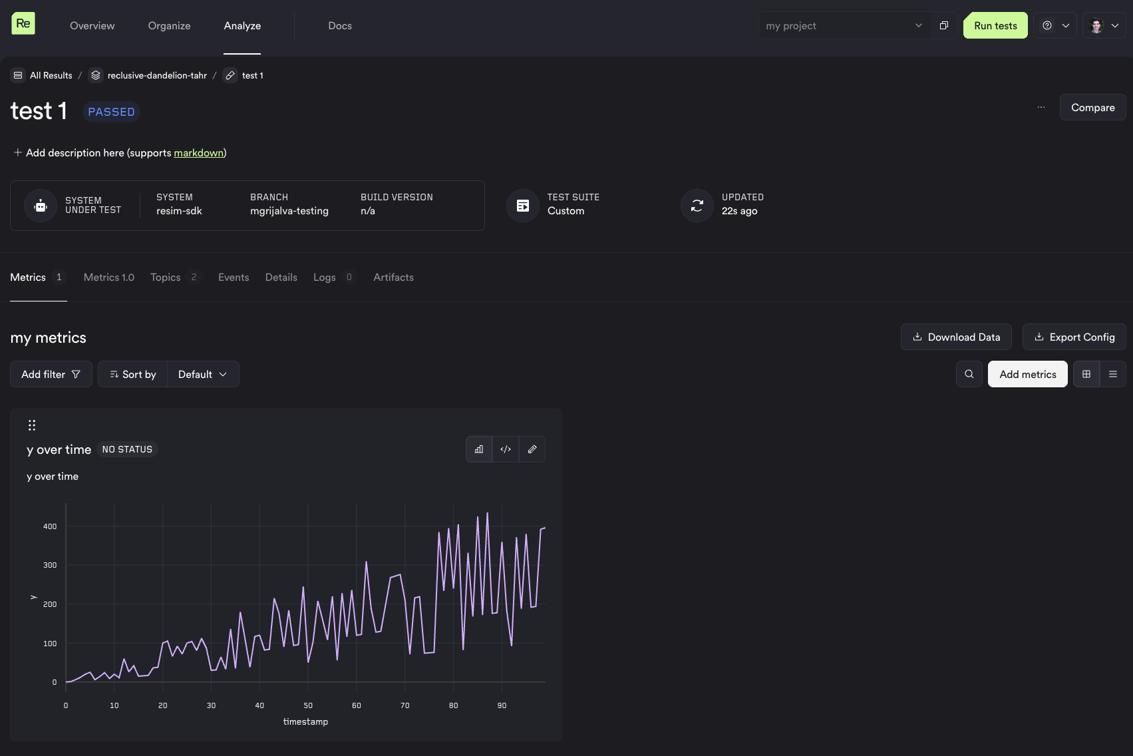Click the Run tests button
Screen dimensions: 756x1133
pos(995,26)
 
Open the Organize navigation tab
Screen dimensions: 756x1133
pos(169,26)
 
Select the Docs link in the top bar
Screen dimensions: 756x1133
pos(339,26)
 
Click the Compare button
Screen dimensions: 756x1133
pos(1092,107)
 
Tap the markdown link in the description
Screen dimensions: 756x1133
pos(198,153)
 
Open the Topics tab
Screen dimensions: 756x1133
pos(166,278)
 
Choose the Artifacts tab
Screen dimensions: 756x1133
pos(393,278)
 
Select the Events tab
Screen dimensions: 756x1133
pos(234,278)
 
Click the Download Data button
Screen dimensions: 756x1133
pos(956,337)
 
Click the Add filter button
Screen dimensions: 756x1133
pos(51,374)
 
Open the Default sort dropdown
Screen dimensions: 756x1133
pos(202,374)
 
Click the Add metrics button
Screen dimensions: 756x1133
pos(1027,374)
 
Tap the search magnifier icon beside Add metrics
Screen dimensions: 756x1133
pos(969,374)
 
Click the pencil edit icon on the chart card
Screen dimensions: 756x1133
pos(532,449)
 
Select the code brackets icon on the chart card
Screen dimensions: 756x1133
pos(506,449)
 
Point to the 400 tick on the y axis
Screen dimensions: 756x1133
pos(50,526)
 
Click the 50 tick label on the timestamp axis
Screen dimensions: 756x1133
pos(308,705)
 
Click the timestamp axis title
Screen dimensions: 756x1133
pos(305,721)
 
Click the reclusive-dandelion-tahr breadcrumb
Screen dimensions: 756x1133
pos(157,75)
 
